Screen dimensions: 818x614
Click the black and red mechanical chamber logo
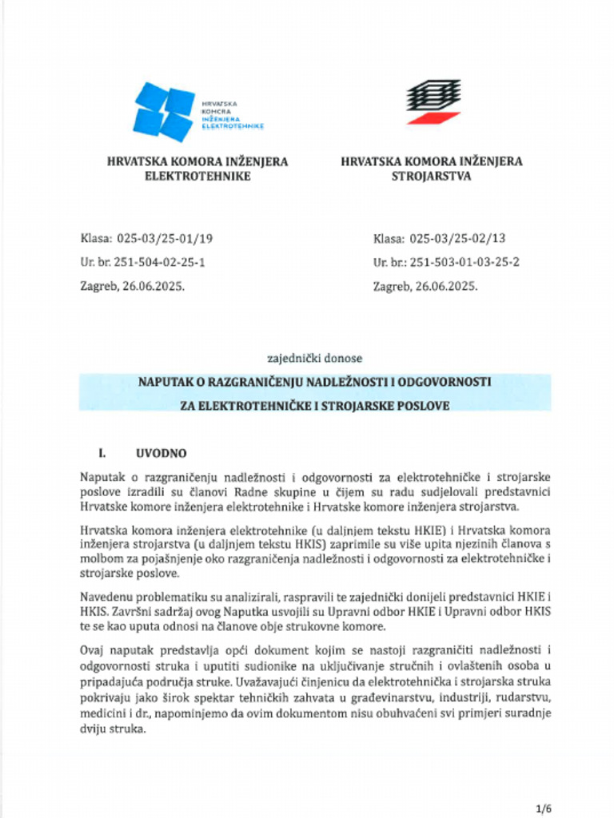[433, 101]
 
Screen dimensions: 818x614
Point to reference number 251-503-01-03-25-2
[464, 261]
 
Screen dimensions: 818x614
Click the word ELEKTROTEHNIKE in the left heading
[197, 176]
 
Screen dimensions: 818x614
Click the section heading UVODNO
[161, 453]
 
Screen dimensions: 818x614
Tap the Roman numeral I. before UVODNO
[102, 453]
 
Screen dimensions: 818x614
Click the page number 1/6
[544, 808]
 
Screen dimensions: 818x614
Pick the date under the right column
[425, 285]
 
